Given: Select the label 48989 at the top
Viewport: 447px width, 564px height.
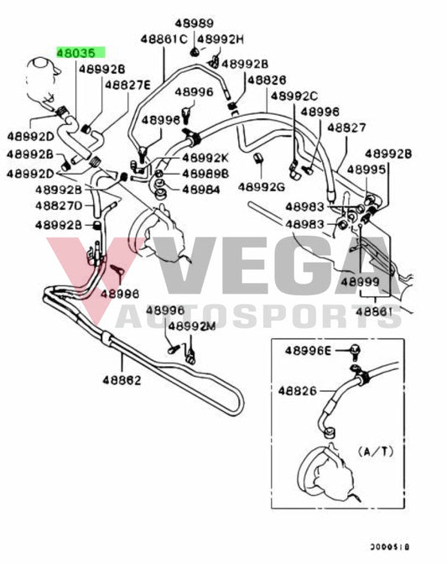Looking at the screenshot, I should tap(194, 23).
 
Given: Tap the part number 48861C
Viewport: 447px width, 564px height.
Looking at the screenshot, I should tap(163, 39).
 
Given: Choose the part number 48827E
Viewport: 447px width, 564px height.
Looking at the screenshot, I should tap(127, 84).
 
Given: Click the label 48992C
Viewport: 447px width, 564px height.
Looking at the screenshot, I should tap(294, 96).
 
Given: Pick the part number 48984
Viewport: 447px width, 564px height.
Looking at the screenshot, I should tap(200, 190).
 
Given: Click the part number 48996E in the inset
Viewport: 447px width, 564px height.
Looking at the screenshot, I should tap(309, 350).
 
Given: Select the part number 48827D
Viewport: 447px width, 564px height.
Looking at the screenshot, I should tap(59, 206).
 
